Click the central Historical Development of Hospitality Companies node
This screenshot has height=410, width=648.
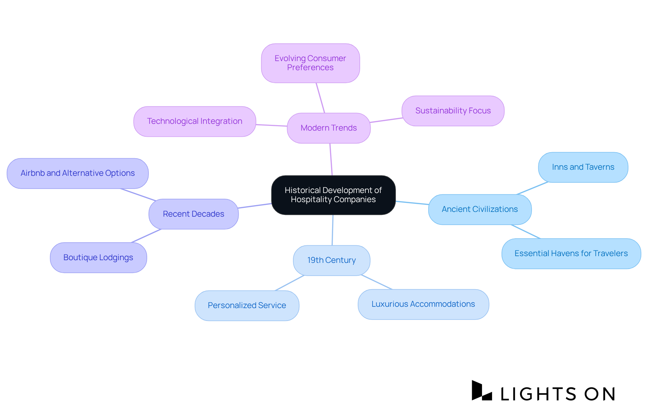pyautogui.click(x=333, y=195)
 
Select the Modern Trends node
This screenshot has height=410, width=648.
pyautogui.click(x=328, y=128)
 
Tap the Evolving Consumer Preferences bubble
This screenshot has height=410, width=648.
pyautogui.click(x=310, y=63)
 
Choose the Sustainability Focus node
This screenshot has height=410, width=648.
pyautogui.click(x=453, y=111)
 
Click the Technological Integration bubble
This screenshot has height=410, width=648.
pyautogui.click(x=194, y=121)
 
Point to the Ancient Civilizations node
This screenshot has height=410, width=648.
pyautogui.click(x=480, y=209)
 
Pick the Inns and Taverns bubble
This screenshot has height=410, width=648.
pyautogui.click(x=583, y=167)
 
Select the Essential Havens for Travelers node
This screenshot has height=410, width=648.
pyautogui.click(x=571, y=253)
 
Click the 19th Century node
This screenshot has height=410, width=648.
pyautogui.click(x=331, y=260)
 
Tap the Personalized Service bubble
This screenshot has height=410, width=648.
pyautogui.click(x=247, y=305)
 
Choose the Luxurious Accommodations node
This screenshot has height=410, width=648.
pyautogui.click(x=423, y=304)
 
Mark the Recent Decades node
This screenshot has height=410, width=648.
pyautogui.click(x=193, y=214)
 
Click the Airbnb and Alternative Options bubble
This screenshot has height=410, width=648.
pyautogui.click(x=78, y=173)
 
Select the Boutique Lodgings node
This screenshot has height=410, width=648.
pyautogui.click(x=98, y=257)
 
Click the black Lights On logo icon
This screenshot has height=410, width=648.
pyautogui.click(x=481, y=391)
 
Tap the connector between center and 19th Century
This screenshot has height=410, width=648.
pyautogui.click(x=332, y=230)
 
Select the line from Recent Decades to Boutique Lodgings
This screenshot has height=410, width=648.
pyautogui.click(x=146, y=236)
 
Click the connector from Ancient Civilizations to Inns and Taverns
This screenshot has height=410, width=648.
pyautogui.click(x=532, y=188)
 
